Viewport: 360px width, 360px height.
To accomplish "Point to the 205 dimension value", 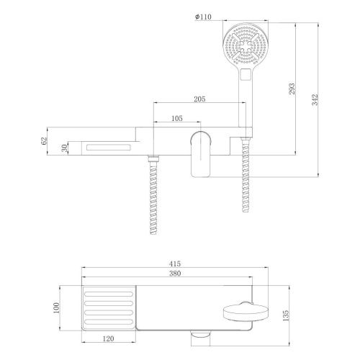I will click(202, 99).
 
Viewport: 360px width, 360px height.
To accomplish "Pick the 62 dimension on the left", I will click(44, 141).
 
